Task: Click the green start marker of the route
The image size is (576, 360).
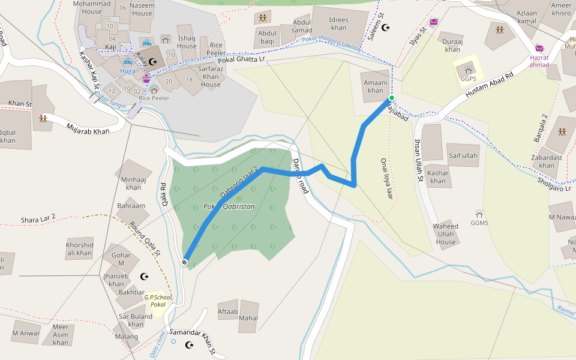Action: (391, 98)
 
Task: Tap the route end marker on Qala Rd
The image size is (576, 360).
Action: (185, 262)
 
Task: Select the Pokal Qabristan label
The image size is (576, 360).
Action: (229, 206)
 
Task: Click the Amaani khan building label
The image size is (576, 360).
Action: (375, 86)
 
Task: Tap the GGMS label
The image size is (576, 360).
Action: (479, 223)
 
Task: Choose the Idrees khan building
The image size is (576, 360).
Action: (338, 23)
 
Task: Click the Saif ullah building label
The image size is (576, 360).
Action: (463, 156)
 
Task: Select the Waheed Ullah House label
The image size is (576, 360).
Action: (446, 234)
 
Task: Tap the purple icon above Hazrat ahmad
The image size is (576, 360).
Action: (539, 48)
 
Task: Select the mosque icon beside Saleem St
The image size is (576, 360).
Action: (386, 28)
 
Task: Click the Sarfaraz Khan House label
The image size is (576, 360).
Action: (211, 77)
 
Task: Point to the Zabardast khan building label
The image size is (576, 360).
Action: (547, 161)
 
